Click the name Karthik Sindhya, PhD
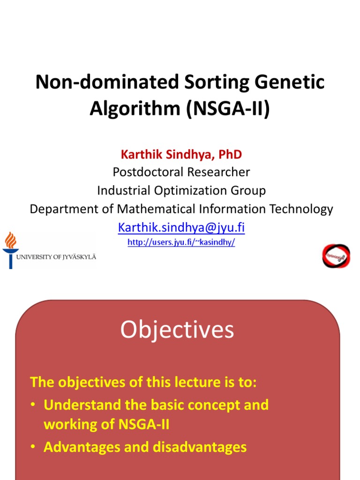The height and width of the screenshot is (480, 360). (181, 154)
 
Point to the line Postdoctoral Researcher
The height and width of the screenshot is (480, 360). (181, 172)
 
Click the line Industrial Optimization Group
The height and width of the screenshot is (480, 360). (181, 190)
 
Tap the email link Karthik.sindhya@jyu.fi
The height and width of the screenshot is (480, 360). (181, 227)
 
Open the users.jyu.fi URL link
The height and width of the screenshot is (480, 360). (181, 242)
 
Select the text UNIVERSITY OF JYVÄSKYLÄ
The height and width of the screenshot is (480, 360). (56, 257)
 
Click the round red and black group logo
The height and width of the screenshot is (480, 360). (336, 256)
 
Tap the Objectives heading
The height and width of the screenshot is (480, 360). (177, 330)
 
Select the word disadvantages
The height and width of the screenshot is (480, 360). (200, 447)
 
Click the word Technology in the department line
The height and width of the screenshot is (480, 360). (299, 209)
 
